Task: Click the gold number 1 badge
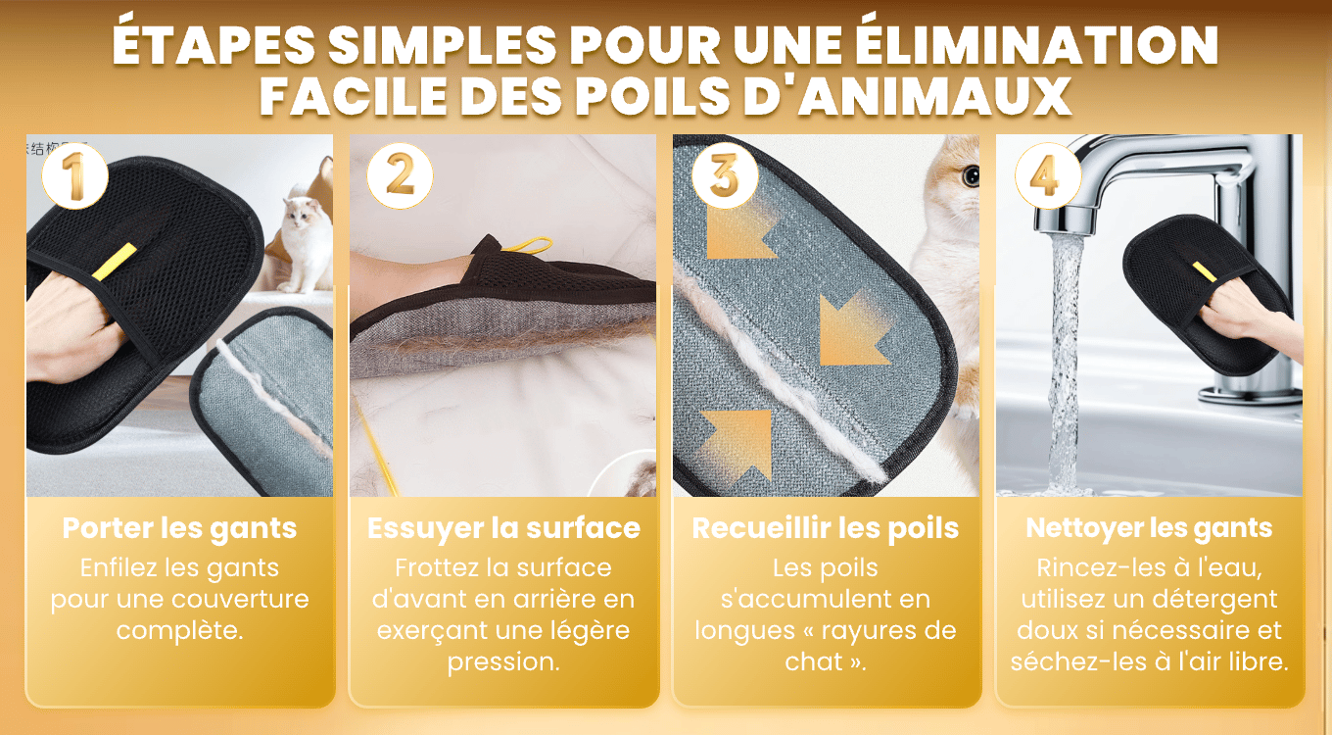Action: tap(74, 176)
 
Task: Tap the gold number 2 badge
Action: tap(400, 176)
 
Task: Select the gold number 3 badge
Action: tap(725, 176)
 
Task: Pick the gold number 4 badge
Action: tap(1048, 176)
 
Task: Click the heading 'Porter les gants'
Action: tap(179, 528)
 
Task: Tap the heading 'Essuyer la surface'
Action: tap(503, 528)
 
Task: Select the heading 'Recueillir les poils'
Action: tap(826, 528)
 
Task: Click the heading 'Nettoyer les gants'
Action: tap(1149, 528)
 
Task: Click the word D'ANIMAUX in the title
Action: tap(907, 95)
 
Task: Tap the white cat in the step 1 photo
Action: tap(305, 244)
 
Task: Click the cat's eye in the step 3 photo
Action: tap(972, 175)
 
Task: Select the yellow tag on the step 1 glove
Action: tap(115, 262)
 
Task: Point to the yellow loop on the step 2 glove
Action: tap(527, 244)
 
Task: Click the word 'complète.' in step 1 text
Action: tap(179, 631)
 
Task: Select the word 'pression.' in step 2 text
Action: tap(503, 661)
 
